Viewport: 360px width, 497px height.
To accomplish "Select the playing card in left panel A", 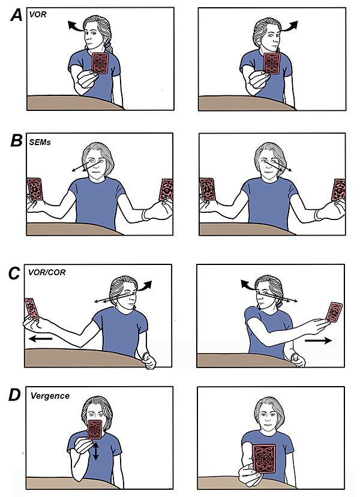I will click(100, 64).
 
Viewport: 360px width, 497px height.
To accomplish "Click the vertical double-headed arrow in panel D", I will click(94, 449).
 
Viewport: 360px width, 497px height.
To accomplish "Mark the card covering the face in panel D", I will click(95, 430).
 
